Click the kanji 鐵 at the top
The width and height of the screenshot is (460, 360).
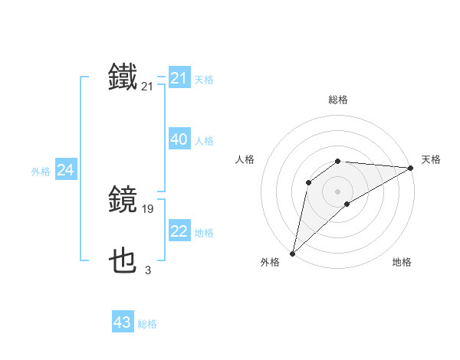coord(123,77)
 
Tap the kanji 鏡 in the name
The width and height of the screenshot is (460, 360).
coord(123,200)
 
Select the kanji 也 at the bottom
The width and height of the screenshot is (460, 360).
coord(123,263)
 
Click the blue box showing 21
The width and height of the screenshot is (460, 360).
coord(179,78)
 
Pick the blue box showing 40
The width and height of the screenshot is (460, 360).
coord(179,140)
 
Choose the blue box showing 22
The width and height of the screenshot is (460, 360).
coord(179,232)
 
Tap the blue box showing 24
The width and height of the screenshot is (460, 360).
coord(66,171)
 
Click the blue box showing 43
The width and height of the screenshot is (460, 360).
coord(123,322)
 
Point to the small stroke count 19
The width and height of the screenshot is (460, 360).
coord(149,208)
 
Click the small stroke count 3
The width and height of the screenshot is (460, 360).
coord(148,270)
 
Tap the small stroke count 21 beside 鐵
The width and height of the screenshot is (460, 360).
coord(148,87)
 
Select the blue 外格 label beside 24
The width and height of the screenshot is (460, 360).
coord(41,172)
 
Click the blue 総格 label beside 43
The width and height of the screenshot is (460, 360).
coord(147,324)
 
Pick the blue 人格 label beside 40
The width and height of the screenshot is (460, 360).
coord(204,141)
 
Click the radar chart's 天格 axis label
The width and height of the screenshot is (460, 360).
coord(431,159)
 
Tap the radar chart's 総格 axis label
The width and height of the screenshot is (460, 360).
coord(338,100)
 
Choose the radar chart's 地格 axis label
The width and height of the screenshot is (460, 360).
coord(402,263)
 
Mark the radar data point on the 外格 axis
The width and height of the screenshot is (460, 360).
coord(292,254)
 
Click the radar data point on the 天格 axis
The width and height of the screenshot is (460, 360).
coord(411,168)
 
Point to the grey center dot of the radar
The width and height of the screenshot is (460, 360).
coord(338,191)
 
